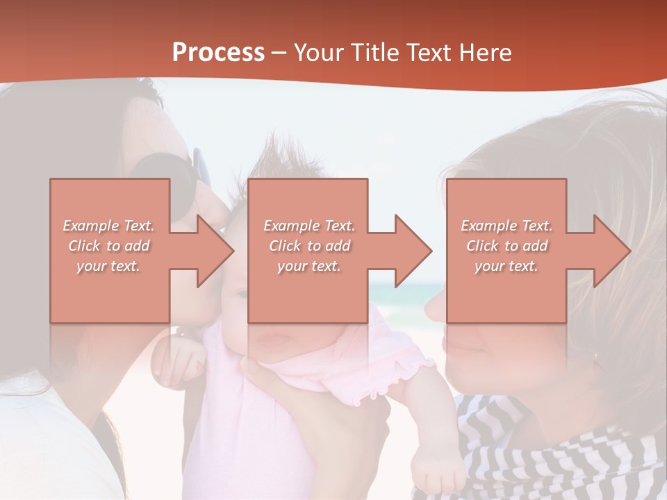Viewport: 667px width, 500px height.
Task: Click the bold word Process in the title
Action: point(218,53)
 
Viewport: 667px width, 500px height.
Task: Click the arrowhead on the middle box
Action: point(413,251)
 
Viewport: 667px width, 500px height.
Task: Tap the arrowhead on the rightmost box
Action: point(611,251)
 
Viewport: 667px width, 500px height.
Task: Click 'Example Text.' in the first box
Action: point(108,226)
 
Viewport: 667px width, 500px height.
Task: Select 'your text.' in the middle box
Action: point(308,266)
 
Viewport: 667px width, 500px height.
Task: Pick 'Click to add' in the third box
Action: point(507,246)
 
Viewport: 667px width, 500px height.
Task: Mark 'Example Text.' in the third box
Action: point(507,226)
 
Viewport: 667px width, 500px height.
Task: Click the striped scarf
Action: point(556,451)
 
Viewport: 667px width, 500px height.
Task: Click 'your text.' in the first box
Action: point(108,266)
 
